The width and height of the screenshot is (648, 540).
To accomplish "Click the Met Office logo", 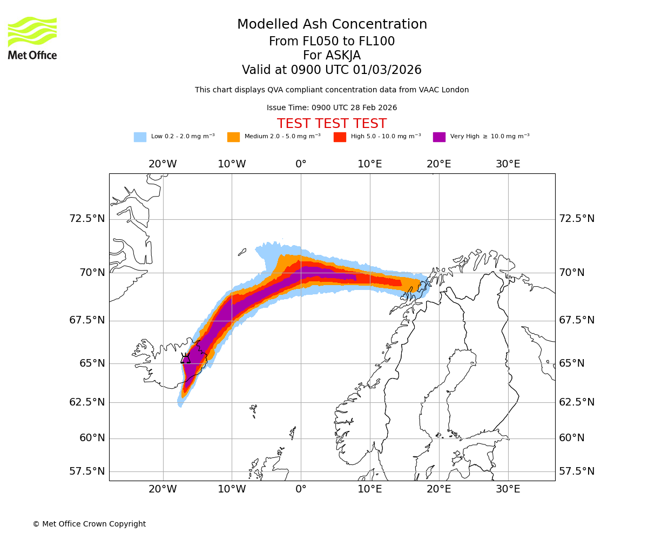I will [32, 38].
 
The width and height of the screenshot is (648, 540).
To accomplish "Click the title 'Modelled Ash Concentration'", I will [332, 25].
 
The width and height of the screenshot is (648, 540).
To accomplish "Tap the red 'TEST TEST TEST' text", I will [332, 124].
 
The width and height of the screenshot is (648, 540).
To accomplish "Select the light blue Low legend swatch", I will [140, 137].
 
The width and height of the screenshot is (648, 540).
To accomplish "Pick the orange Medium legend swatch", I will [233, 137].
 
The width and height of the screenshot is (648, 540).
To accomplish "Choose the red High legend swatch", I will [340, 137].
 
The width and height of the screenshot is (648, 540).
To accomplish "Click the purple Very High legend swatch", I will [439, 137].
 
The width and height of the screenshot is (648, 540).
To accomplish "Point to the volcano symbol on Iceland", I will [185, 358].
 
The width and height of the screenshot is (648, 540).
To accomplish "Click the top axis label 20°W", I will [163, 164].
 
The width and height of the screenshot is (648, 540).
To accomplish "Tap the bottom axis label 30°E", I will [508, 489].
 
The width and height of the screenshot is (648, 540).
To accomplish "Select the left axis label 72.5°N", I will [87, 219].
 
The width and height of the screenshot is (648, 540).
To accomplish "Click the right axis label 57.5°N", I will [577, 471].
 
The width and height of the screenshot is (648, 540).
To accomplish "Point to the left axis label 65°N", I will [92, 363].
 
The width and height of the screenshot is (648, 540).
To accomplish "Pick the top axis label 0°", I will [301, 164].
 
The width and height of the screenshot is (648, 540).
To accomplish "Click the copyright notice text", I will [89, 524].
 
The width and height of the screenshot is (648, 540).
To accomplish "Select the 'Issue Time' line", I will [332, 108].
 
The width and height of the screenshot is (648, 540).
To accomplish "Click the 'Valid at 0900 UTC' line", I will [332, 70].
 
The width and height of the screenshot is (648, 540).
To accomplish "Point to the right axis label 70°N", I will [571, 273].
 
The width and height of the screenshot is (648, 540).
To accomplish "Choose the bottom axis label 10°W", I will [232, 489].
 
